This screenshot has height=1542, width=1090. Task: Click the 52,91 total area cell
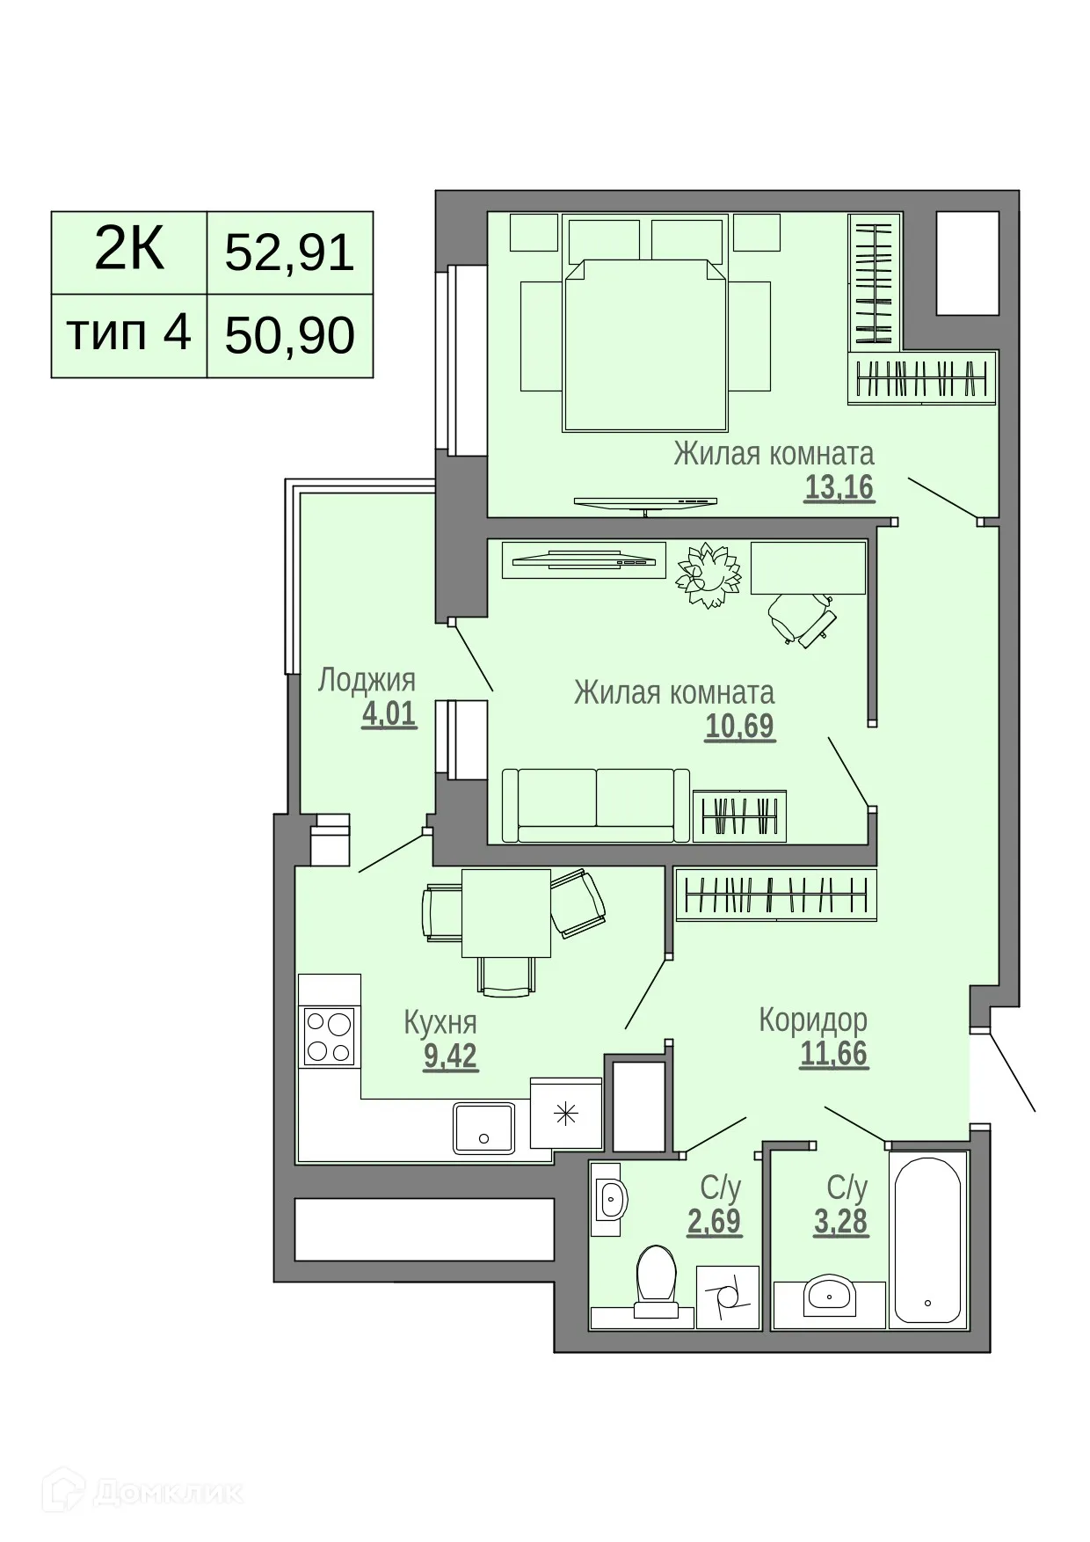click(x=289, y=252)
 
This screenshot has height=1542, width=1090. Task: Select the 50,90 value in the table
click(x=289, y=335)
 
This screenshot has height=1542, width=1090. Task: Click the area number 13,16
click(x=839, y=486)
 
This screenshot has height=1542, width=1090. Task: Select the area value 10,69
click(x=739, y=726)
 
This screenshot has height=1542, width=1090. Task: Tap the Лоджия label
click(x=367, y=680)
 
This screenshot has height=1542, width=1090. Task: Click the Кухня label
click(x=440, y=1022)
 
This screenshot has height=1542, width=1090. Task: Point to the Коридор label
click(x=813, y=1019)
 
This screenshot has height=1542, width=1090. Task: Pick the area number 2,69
click(x=714, y=1221)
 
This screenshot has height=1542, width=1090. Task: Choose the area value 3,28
click(x=840, y=1221)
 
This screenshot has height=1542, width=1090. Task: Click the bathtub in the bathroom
click(x=928, y=1239)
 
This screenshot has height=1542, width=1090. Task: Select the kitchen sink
click(x=483, y=1128)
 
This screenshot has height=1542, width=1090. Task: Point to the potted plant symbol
click(x=706, y=574)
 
